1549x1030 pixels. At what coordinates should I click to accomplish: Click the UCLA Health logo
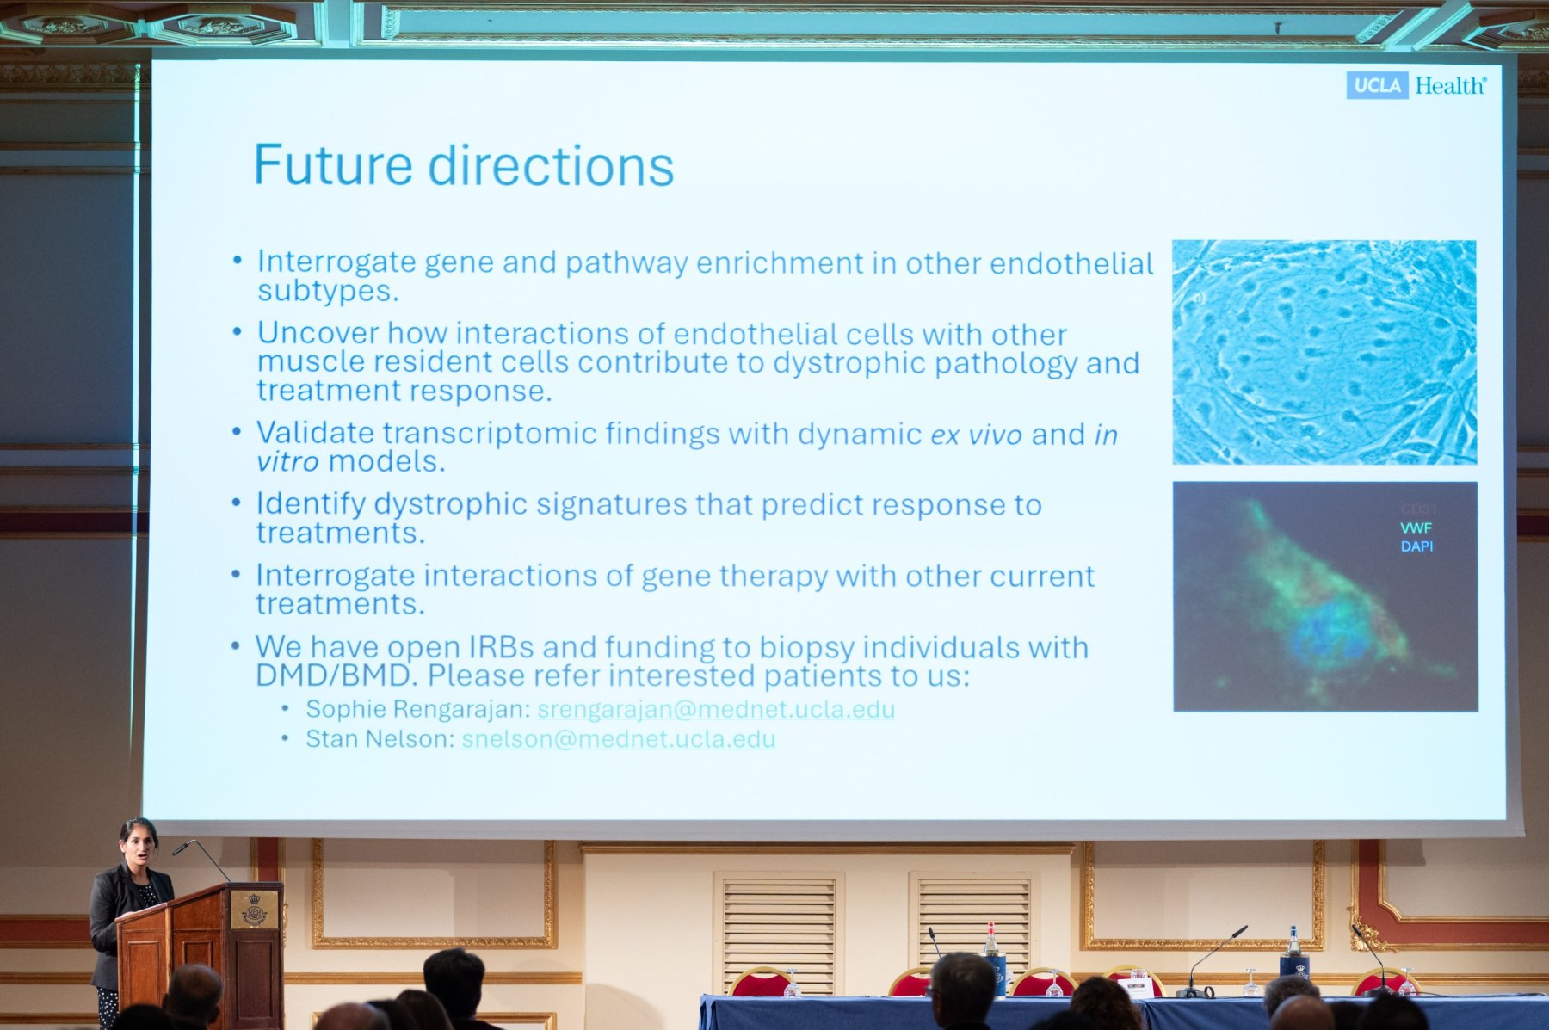(x=1416, y=85)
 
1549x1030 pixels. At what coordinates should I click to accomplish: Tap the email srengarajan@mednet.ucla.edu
(x=716, y=709)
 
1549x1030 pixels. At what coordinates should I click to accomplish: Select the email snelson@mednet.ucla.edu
(x=619, y=739)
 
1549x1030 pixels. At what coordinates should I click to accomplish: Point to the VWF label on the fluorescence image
(x=1416, y=527)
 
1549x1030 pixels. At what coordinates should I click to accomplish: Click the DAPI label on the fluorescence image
(x=1416, y=546)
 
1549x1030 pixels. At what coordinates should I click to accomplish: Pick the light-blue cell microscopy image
(x=1324, y=352)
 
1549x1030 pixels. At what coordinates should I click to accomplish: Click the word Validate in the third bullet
(x=314, y=433)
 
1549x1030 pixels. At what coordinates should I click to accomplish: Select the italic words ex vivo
(x=977, y=435)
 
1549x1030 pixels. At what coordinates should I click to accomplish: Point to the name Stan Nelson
(x=378, y=739)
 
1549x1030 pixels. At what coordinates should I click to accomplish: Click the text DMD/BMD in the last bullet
(x=336, y=675)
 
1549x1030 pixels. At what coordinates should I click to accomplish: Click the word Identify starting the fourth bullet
(x=310, y=505)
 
